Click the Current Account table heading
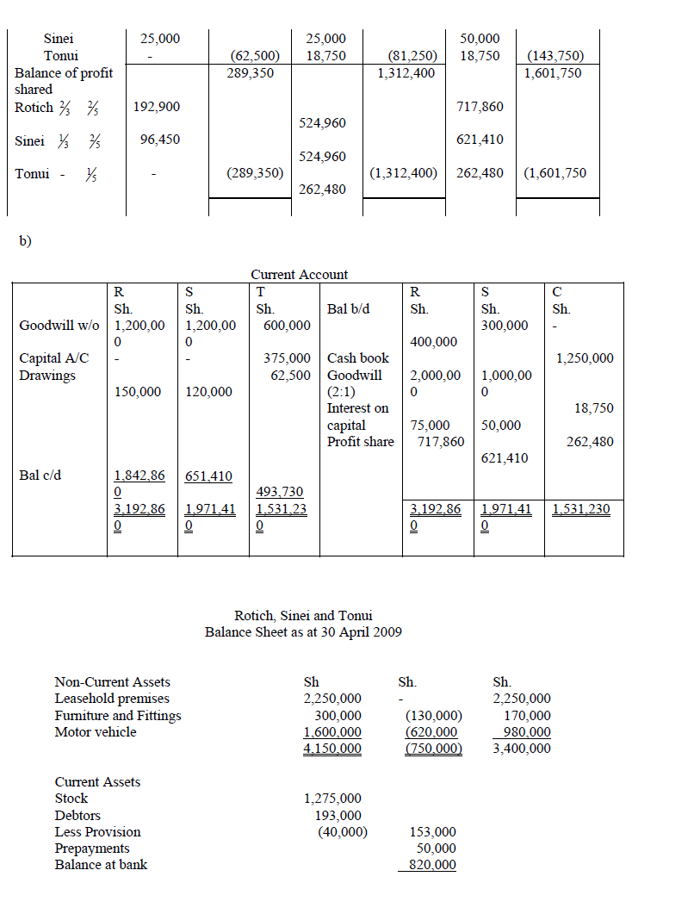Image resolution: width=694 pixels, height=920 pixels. click(299, 275)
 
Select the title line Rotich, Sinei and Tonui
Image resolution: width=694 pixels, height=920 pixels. click(303, 616)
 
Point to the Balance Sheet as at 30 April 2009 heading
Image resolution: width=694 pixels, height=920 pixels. click(303, 632)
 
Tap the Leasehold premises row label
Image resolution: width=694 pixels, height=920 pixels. click(112, 699)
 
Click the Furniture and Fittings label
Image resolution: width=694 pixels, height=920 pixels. click(118, 716)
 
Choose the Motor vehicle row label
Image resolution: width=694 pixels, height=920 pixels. click(96, 732)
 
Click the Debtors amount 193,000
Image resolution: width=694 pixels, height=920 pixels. click(338, 815)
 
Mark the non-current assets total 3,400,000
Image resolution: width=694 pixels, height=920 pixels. click(522, 749)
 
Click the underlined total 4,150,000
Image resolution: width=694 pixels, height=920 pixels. click(332, 749)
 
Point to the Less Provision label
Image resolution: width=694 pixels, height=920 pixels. click(97, 832)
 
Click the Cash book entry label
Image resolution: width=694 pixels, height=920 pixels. click(358, 358)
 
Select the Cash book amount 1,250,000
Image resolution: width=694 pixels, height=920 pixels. click(585, 358)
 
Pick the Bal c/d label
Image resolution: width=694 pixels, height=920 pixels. click(40, 475)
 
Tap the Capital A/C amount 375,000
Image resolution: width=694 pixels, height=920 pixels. click(287, 358)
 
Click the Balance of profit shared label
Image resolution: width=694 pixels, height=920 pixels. click(64, 81)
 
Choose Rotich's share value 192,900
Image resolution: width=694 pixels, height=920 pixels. click(158, 107)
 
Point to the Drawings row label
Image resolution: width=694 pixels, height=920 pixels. click(47, 376)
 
